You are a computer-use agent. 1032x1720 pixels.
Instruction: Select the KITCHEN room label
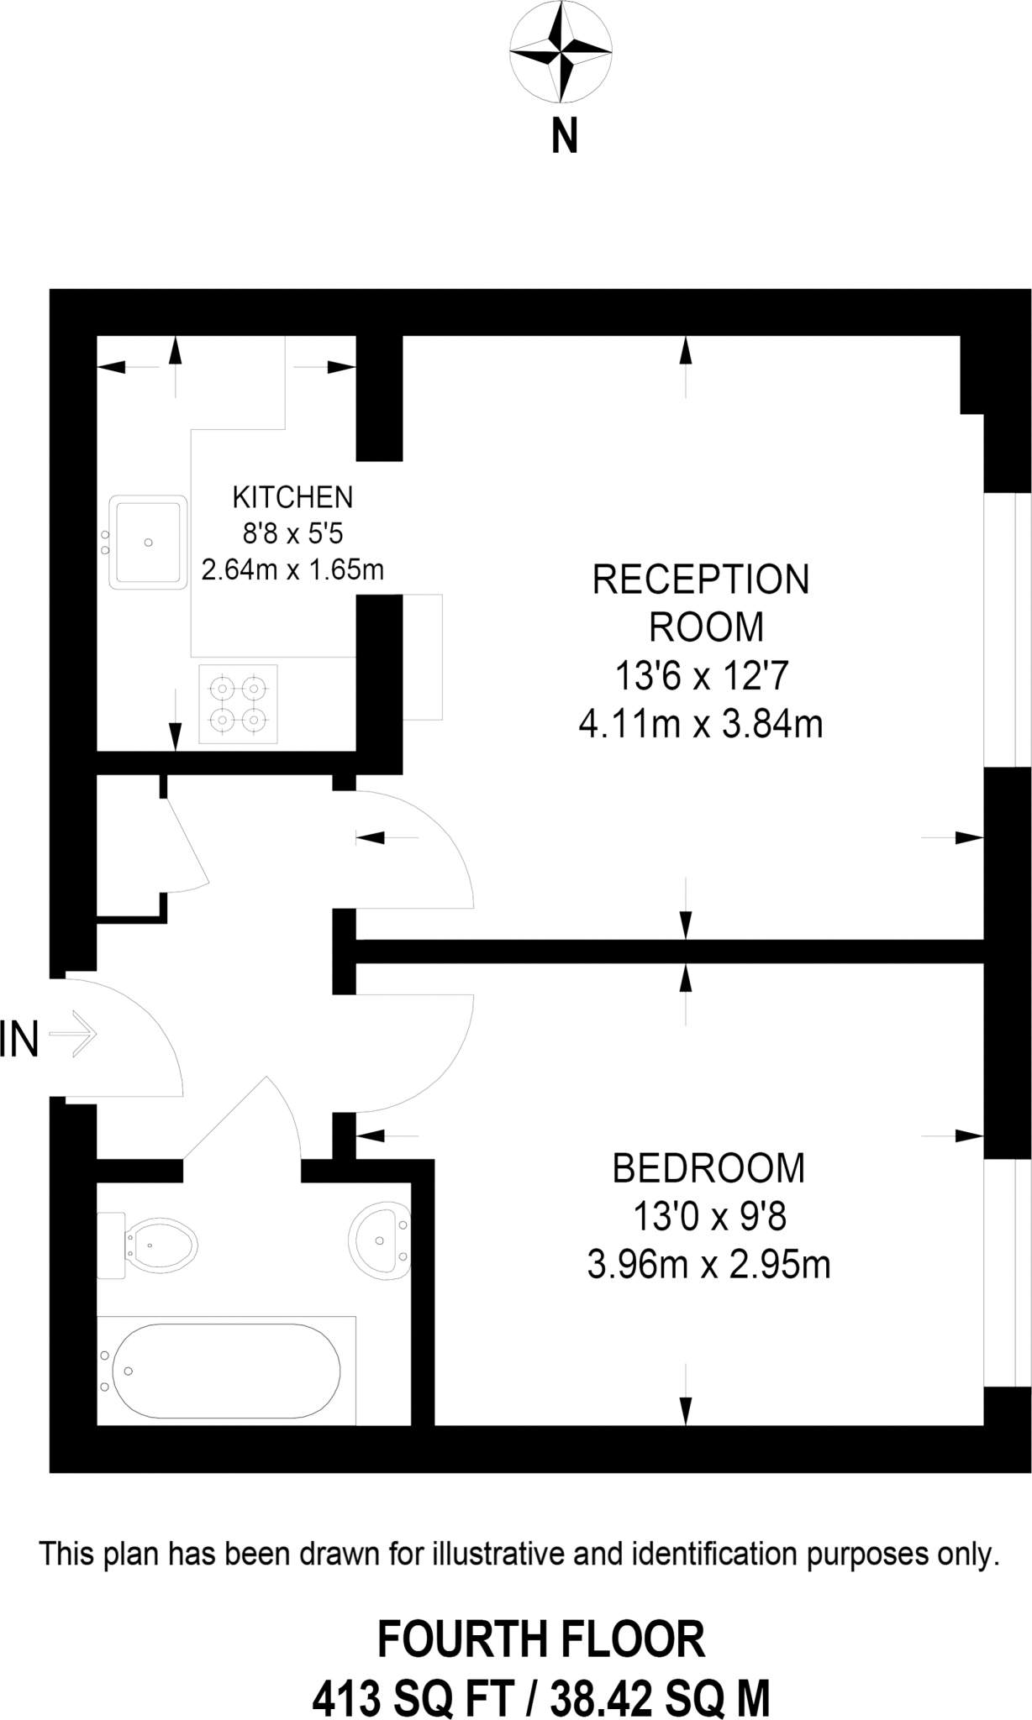(292, 497)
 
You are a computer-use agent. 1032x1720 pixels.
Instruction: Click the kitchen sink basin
(149, 542)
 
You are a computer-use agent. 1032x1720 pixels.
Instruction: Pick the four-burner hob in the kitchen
(238, 704)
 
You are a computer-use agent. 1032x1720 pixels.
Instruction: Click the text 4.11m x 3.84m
(700, 723)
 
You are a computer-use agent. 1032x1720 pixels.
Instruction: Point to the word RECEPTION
(701, 580)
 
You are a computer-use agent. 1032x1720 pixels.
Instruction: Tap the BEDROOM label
(708, 1168)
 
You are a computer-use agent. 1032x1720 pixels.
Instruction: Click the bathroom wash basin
(380, 1239)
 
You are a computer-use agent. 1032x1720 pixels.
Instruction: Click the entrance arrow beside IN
(74, 1034)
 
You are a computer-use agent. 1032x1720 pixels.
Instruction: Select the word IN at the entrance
(19, 1039)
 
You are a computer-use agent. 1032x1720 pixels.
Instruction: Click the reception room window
(1007, 629)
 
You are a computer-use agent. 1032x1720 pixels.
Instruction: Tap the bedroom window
(1007, 1272)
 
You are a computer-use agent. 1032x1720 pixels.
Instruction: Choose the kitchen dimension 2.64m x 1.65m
(292, 570)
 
